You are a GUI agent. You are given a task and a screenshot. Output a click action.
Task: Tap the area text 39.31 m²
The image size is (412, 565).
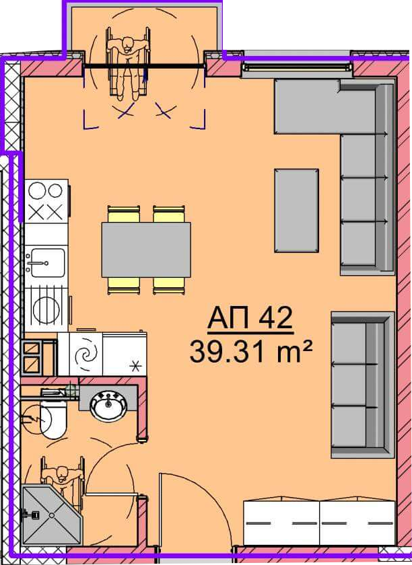(250, 352)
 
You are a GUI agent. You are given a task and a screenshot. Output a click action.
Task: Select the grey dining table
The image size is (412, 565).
(146, 250)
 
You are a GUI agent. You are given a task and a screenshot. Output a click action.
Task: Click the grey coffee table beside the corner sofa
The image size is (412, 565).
(296, 211)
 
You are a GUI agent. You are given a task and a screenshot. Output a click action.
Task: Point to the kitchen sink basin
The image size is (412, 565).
(48, 263)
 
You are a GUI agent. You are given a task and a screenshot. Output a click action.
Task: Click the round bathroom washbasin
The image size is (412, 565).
(108, 406)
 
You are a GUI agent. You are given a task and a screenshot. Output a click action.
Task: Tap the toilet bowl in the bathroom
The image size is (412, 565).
(53, 420)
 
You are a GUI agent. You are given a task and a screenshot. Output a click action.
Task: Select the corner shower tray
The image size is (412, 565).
(53, 515)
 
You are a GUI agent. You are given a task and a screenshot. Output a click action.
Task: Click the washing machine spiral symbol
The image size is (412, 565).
(88, 354)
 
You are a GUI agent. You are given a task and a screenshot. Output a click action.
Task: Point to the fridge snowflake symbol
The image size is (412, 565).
(135, 367)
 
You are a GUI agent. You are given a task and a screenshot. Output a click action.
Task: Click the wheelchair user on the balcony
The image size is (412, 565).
(128, 63)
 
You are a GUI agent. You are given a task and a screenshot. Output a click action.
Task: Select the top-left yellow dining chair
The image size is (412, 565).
(123, 214)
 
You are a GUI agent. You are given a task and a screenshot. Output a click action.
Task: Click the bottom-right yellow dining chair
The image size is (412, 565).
(169, 285)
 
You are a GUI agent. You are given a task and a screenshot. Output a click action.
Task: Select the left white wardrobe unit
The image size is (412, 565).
(281, 523)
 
